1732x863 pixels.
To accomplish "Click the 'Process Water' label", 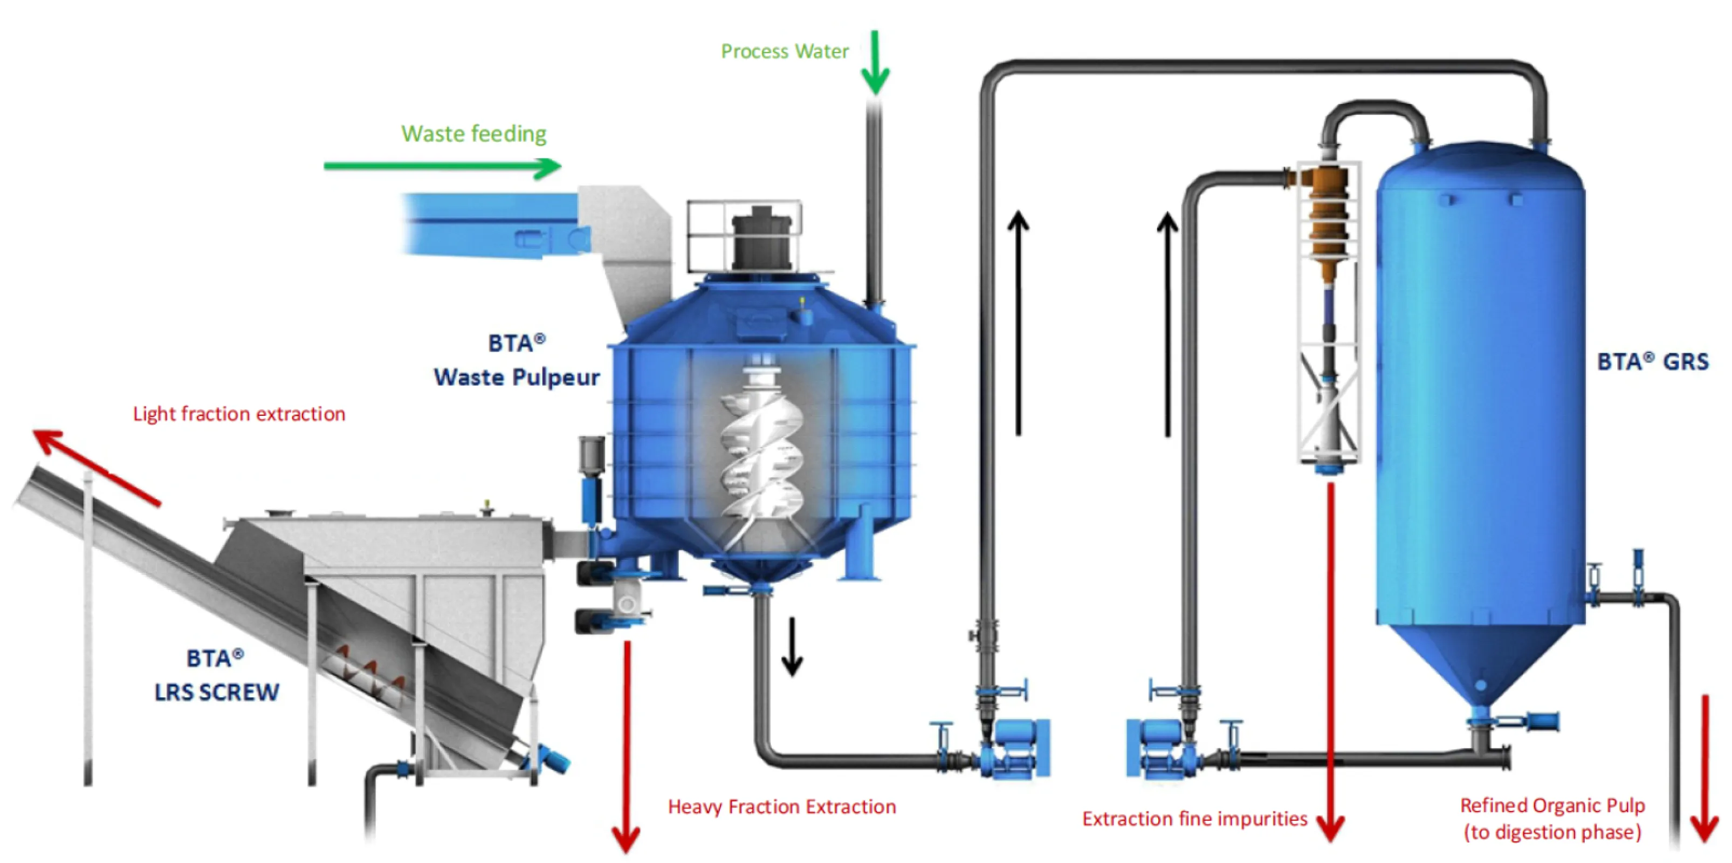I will click(784, 52).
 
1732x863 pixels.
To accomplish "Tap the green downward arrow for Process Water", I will click(875, 64).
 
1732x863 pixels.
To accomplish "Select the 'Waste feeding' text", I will click(473, 134).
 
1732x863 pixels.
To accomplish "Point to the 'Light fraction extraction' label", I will click(239, 414).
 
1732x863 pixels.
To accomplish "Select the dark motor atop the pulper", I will click(762, 239).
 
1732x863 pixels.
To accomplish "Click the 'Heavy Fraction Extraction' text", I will click(781, 806).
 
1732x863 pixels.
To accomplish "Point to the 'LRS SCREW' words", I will click(217, 692).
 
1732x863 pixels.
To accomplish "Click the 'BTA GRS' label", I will click(1652, 362).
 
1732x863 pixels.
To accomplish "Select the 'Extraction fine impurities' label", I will click(1194, 819).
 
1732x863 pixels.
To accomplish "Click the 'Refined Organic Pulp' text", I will click(1552, 805).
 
